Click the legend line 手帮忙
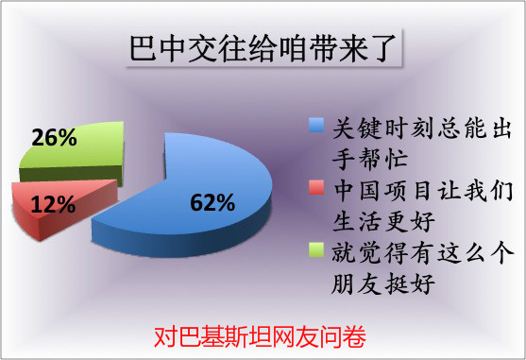click(x=365, y=155)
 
